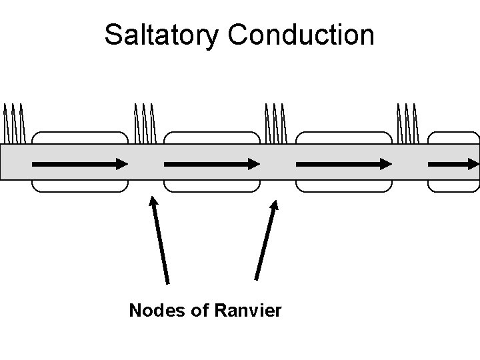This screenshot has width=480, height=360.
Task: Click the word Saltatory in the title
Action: pos(160,35)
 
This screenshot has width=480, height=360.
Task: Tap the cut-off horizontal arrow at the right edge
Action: pos(453,163)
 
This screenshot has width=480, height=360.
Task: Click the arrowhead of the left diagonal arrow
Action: pos(153,200)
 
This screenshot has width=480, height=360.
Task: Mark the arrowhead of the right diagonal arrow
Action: pos(274,203)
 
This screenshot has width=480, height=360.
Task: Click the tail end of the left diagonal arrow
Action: pos(167,283)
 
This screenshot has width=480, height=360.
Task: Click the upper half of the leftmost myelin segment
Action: pos(80,137)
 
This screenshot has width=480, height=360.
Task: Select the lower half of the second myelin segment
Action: pos(211,186)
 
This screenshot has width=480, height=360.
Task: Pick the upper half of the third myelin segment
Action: pos(343,137)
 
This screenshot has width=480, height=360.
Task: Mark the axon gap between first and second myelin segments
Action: pos(145,163)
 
